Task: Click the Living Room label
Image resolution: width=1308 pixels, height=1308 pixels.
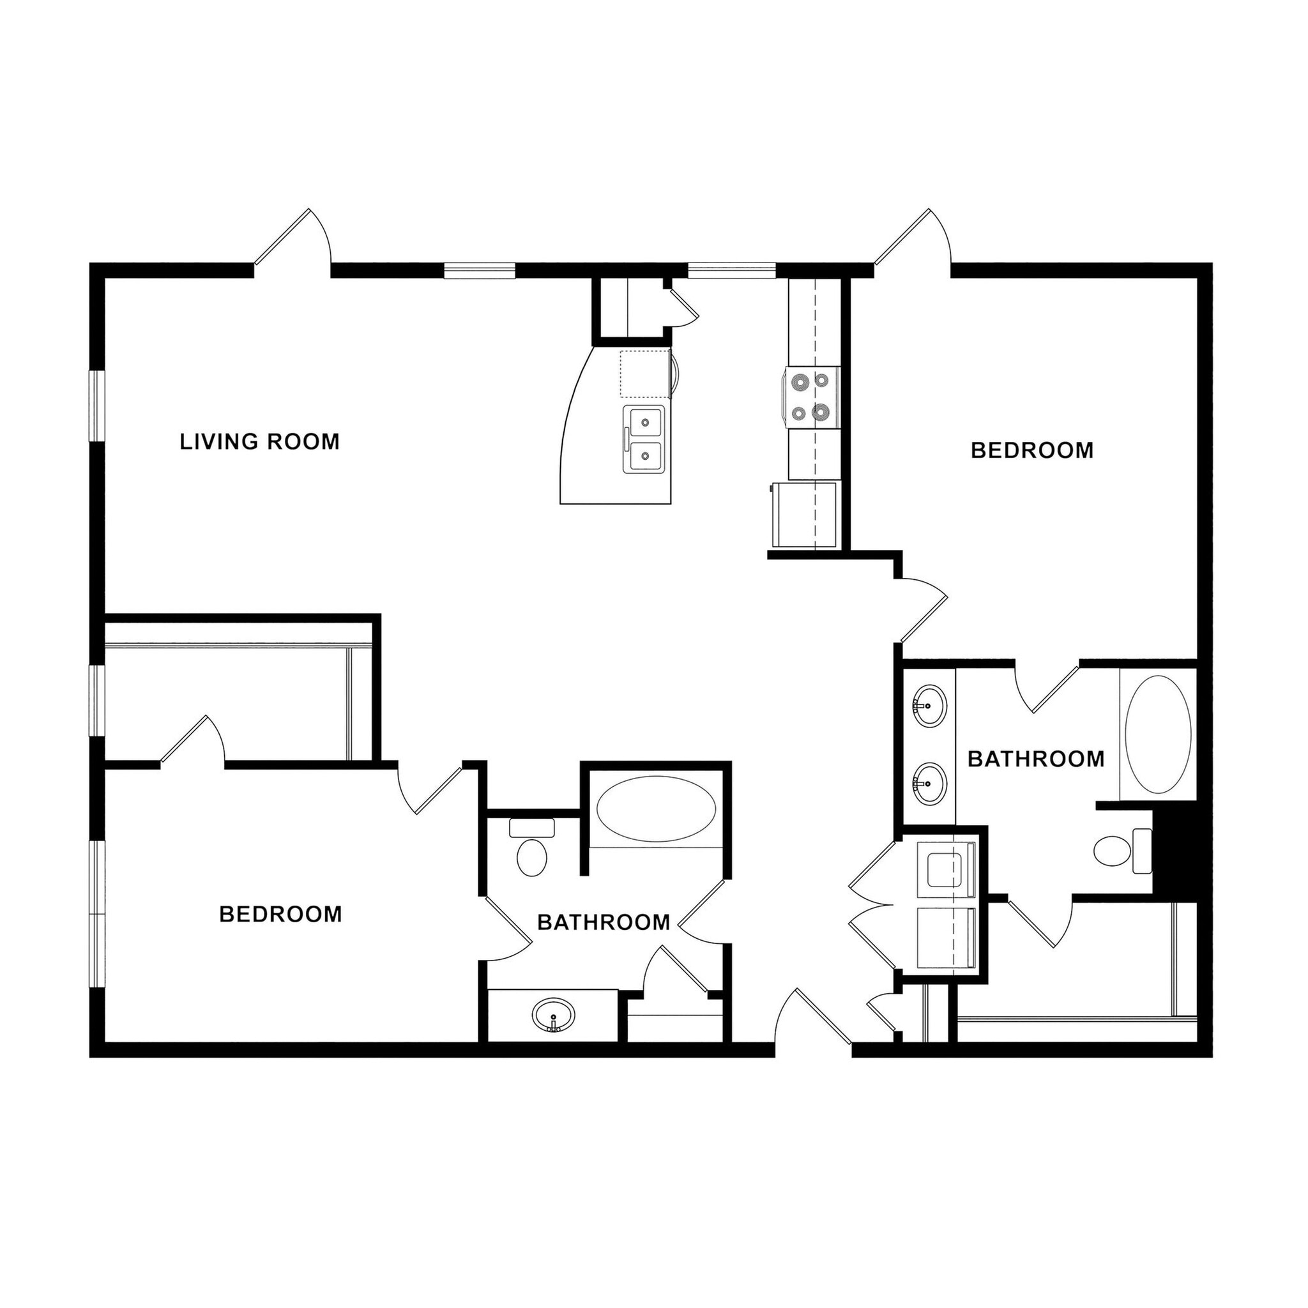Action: coord(259,442)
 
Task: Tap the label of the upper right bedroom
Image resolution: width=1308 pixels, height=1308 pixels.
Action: coord(1032,451)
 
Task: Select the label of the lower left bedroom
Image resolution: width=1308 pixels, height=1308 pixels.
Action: coord(280,914)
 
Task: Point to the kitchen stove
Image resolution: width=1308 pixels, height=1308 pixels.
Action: coord(812,397)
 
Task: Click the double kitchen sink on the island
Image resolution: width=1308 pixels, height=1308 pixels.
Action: coord(644,439)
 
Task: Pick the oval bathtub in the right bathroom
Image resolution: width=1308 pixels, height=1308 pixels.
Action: coord(1158,734)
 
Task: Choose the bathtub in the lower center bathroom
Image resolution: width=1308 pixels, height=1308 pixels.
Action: coord(656,810)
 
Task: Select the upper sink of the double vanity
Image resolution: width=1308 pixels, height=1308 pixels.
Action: coord(929,706)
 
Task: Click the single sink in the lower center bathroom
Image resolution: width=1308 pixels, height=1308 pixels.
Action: coord(553,1015)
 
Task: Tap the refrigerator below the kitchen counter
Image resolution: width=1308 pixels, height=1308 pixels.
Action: coord(805,515)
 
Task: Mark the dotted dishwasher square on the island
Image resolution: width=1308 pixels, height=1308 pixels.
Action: coord(644,374)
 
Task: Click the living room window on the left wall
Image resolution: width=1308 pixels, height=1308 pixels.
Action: coord(98,406)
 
